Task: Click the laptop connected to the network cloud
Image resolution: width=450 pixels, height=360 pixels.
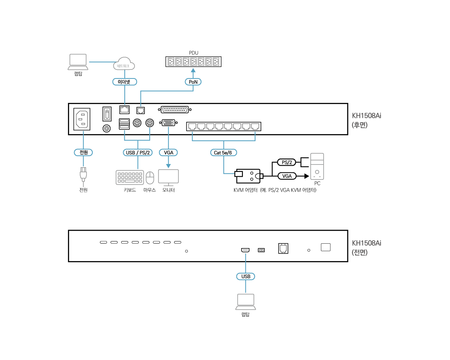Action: [x=78, y=62]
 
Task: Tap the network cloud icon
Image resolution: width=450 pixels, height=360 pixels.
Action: [x=124, y=64]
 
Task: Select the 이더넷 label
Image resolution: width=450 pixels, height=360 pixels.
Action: [x=124, y=82]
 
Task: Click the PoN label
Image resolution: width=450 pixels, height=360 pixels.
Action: [x=193, y=82]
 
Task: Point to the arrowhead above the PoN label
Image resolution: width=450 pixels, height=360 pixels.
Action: [x=193, y=71]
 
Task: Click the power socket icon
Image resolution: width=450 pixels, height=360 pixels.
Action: [x=82, y=119]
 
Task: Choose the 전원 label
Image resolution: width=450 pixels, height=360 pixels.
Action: [x=83, y=152]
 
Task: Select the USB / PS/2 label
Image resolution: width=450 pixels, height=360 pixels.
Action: [x=137, y=153]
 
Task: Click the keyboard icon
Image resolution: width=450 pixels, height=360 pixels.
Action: [x=129, y=177]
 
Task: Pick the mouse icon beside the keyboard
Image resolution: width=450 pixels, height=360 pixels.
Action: [x=150, y=178]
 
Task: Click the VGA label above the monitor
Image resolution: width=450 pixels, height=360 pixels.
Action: [x=169, y=153]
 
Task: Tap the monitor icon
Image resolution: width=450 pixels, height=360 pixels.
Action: [x=169, y=177]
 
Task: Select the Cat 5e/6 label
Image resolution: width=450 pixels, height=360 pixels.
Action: [x=223, y=153]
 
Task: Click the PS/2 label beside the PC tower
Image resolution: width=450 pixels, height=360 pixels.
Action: [x=287, y=162]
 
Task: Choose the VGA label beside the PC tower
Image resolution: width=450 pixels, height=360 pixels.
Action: [x=287, y=176]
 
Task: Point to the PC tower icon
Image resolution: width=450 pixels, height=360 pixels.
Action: [x=317, y=166]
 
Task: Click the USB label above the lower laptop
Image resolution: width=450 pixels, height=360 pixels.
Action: [x=246, y=276]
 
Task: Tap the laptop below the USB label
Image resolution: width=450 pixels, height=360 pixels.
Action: [x=246, y=302]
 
